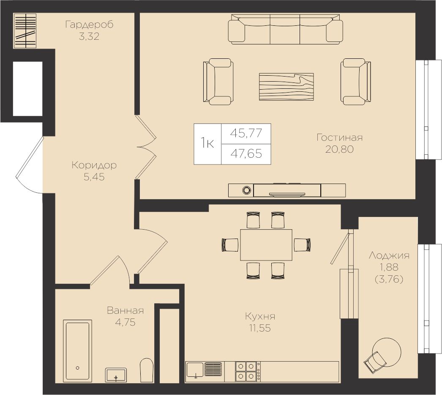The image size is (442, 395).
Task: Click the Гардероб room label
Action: coord(89,25)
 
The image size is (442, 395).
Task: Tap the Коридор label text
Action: coord(94,165)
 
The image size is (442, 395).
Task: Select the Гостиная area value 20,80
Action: coord(339,149)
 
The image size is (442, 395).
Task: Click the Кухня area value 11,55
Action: coord(259,328)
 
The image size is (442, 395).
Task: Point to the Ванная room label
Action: coord(126,311)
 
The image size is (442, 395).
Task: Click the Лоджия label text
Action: coord(389,255)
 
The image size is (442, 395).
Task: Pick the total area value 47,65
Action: coord(246,154)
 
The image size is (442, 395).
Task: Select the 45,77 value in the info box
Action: coord(246,133)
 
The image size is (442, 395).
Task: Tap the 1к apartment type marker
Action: coord(207,144)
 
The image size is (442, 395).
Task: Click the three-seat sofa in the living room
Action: coord(285,29)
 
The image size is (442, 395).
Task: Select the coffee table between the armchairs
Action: coord(286,87)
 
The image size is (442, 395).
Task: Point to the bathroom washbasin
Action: coord(116,374)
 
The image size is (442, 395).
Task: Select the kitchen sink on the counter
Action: coord(195,370)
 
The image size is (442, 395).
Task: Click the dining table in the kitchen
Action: coord(266,244)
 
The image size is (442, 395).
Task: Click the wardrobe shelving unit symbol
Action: coord(25,31)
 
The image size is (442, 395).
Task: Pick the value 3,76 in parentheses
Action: coord(389,279)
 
